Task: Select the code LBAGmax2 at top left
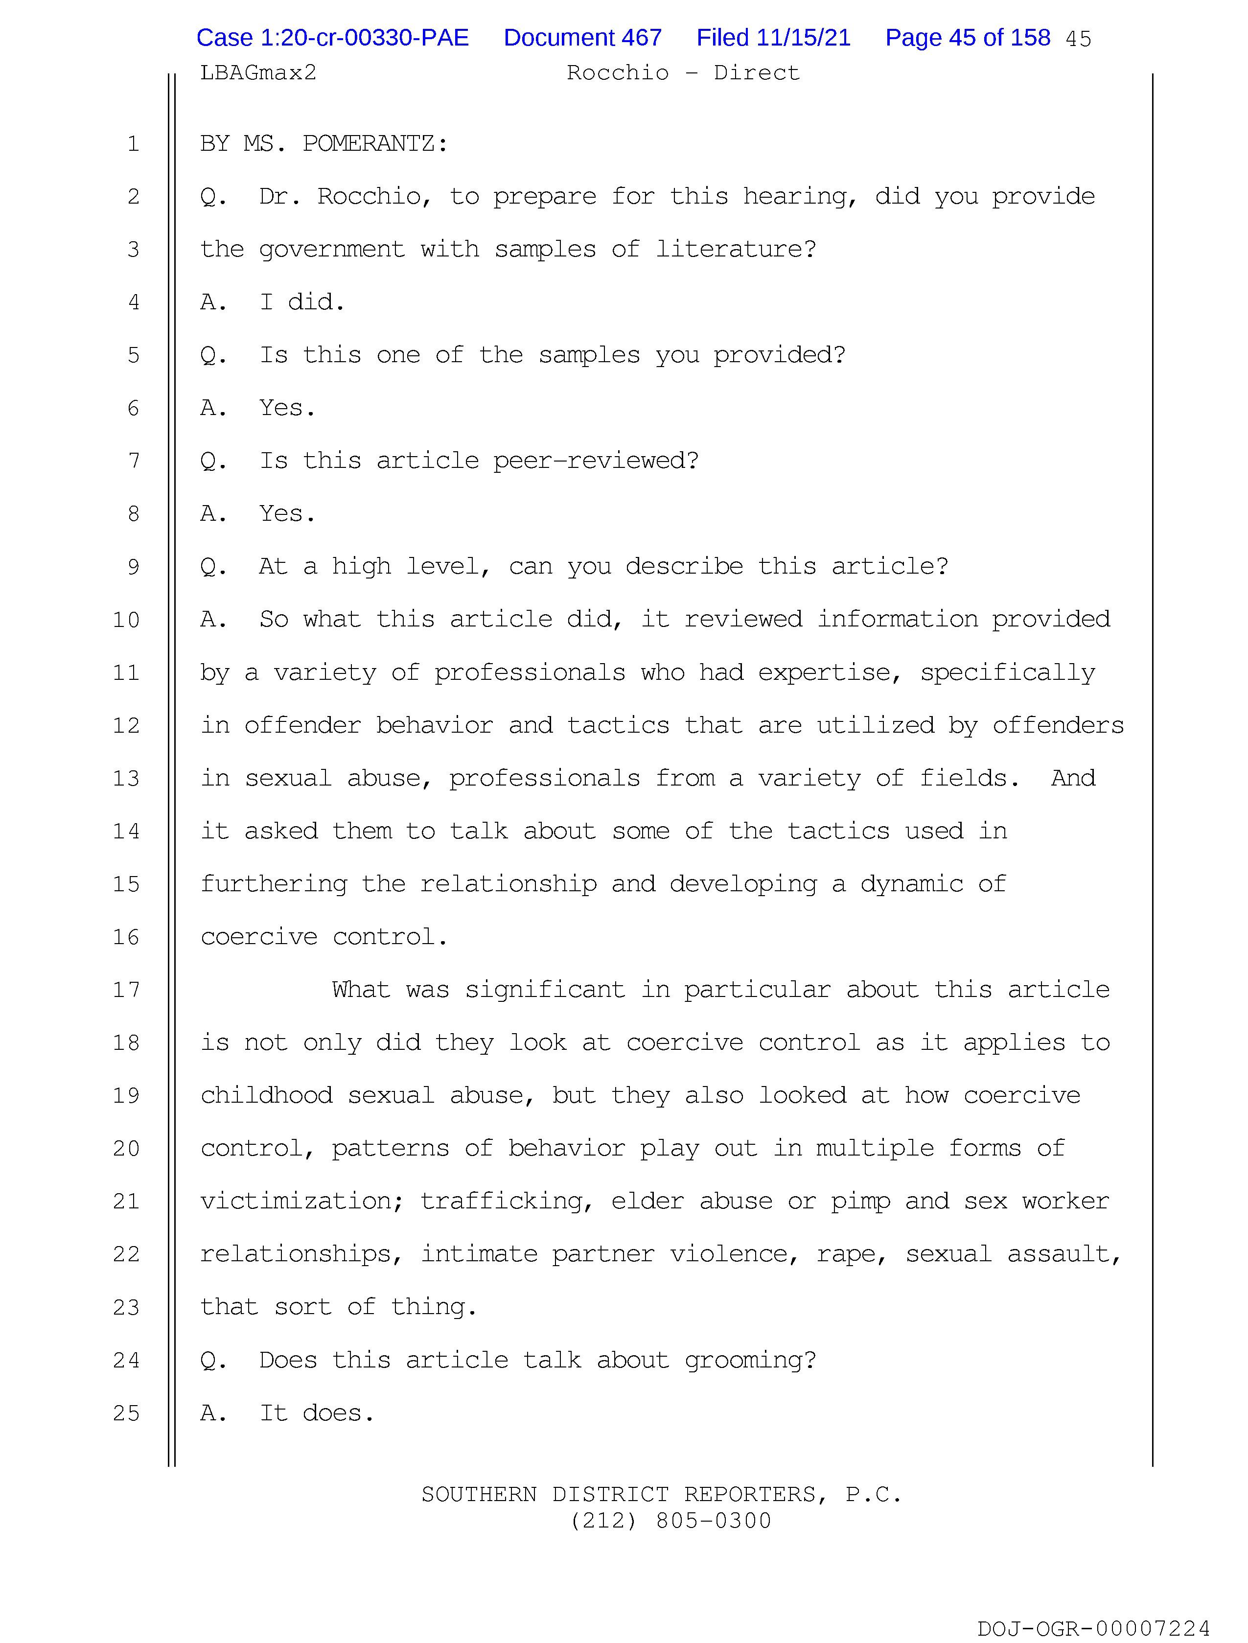pos(258,73)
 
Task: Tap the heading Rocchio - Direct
pos(683,73)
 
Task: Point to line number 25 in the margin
pos(126,1413)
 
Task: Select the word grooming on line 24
pos(750,1361)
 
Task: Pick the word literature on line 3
pos(736,250)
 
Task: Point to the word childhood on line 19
pos(266,1096)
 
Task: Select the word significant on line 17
pos(545,990)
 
